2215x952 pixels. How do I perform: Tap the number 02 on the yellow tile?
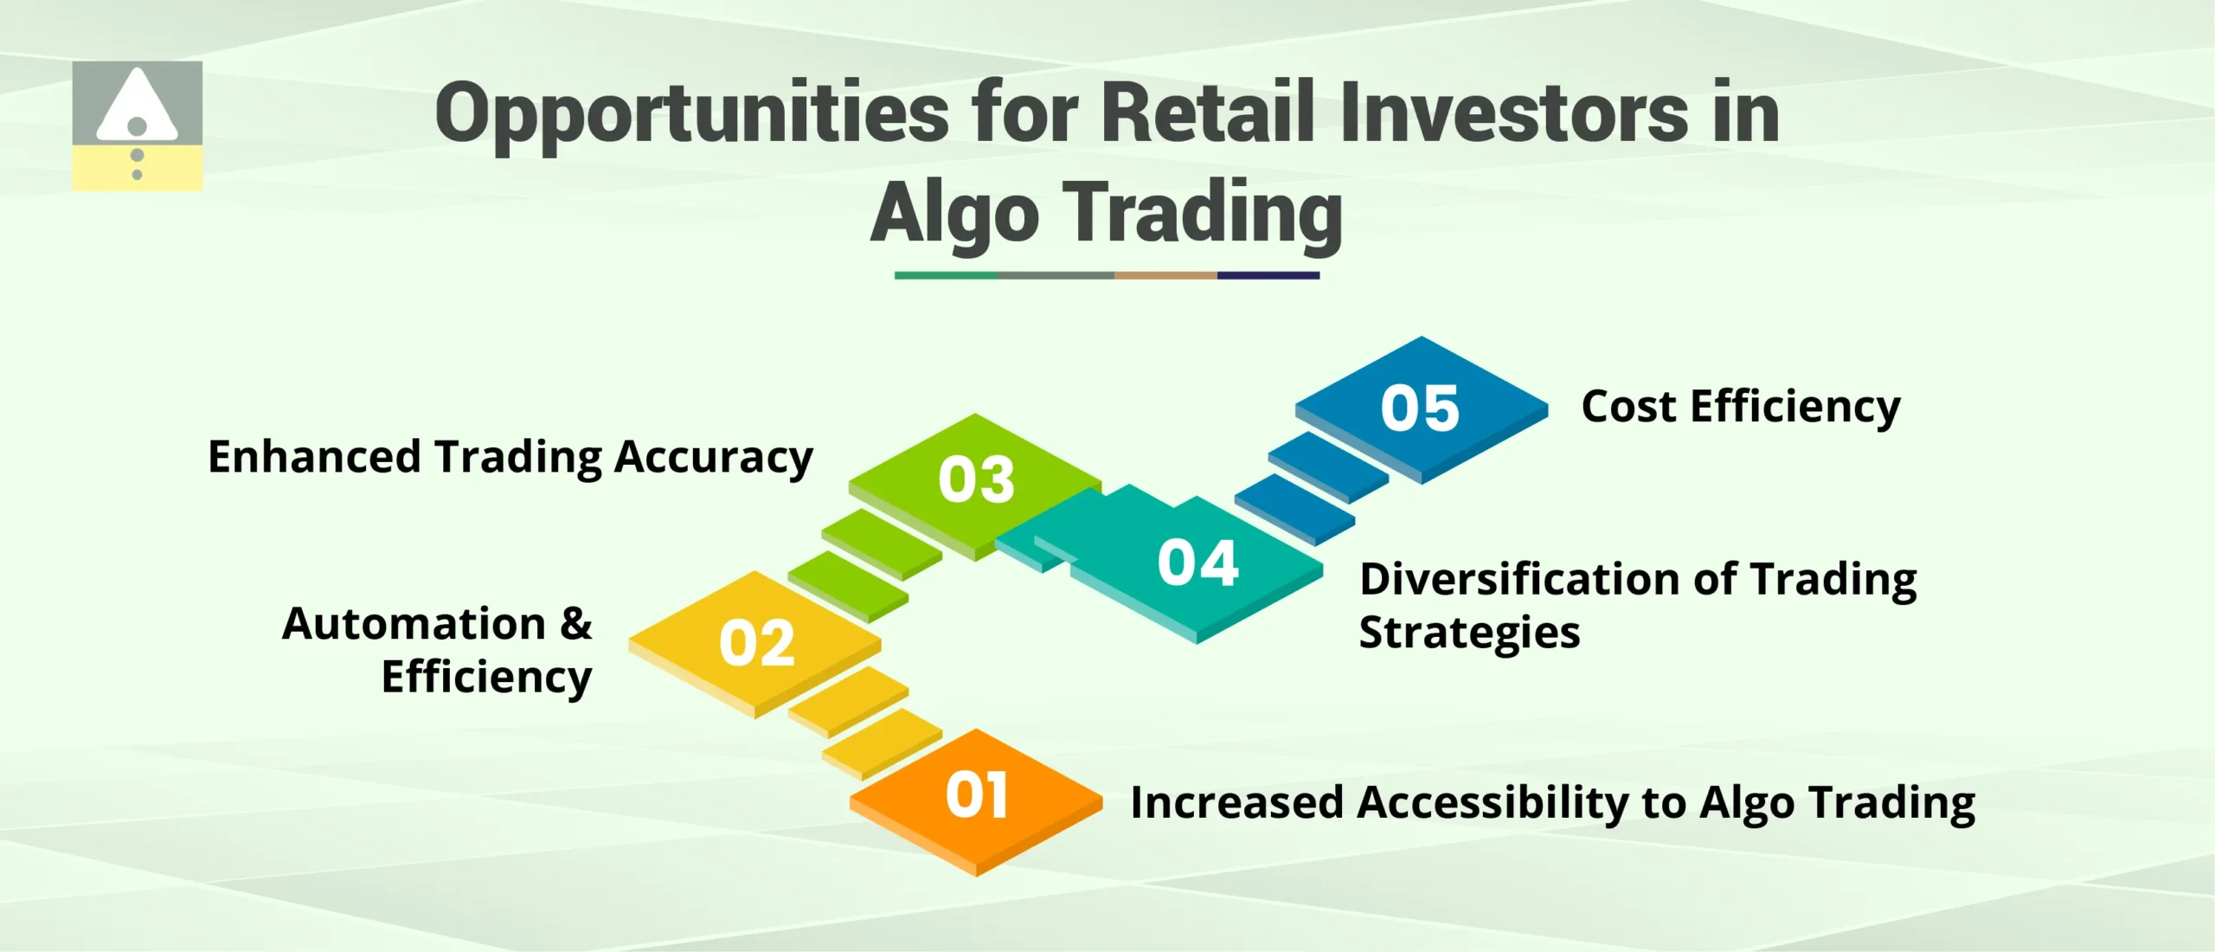point(756,644)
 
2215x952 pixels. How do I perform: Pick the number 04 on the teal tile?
point(1198,563)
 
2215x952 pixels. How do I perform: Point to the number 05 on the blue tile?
point(1420,408)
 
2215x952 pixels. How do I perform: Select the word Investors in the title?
point(1514,113)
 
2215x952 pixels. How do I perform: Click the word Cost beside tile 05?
point(1628,407)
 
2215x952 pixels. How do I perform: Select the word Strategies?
point(1469,634)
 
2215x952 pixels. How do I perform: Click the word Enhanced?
point(314,457)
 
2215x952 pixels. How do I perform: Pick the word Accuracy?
point(713,459)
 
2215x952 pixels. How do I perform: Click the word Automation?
point(414,624)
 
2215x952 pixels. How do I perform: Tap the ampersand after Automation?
point(575,623)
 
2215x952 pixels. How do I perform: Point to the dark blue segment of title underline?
point(1268,275)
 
